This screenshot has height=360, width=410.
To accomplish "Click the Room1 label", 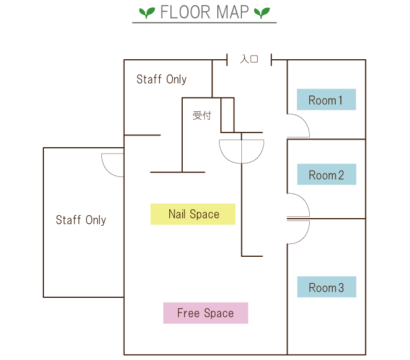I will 326,100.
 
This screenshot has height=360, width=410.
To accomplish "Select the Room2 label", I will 326,175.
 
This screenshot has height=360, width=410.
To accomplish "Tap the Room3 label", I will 326,287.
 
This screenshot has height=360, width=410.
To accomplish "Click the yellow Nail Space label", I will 193,215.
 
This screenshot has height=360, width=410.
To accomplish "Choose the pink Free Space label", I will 205,313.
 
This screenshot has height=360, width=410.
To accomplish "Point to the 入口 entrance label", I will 249,59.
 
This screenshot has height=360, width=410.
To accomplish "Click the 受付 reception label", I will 202,116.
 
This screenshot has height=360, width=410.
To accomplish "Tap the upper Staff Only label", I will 161,79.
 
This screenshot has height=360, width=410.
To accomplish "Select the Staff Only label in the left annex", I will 81,220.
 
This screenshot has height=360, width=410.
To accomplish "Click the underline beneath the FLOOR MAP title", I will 204,23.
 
